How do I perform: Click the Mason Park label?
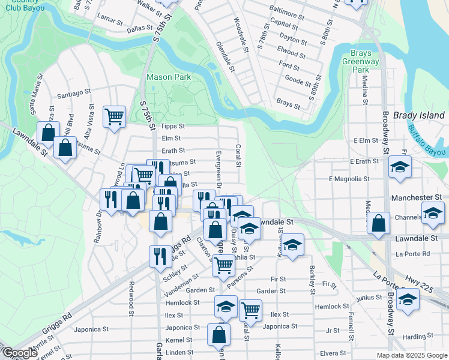tap(168, 77)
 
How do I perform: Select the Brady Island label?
tap(419, 115)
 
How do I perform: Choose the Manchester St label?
tap(416, 197)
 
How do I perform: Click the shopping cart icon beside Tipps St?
tap(114, 116)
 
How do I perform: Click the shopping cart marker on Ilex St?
tap(250, 310)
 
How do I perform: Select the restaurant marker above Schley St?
tap(160, 256)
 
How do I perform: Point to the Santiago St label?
tap(74, 94)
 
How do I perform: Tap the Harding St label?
tap(414, 337)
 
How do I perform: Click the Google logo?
tap(20, 353)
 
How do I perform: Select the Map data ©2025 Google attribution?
tap(411, 355)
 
